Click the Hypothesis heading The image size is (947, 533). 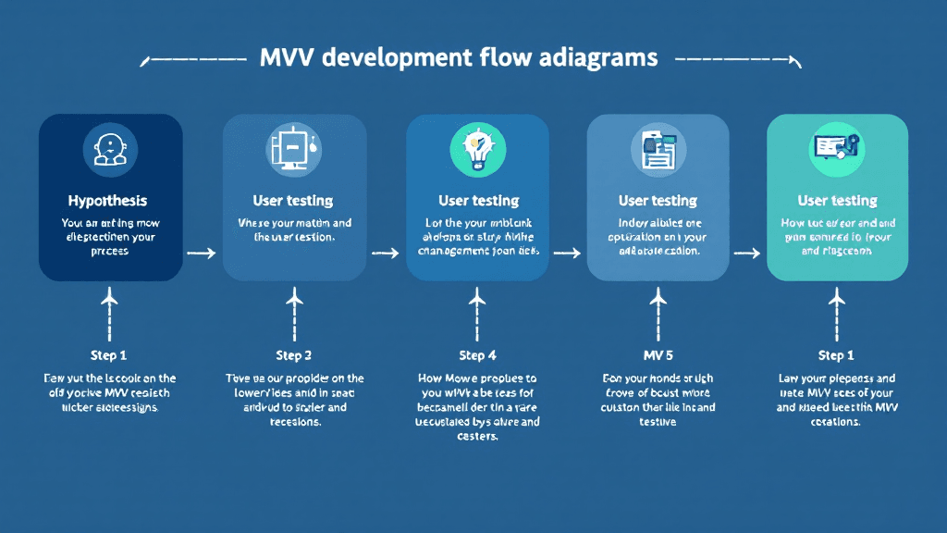[x=107, y=201]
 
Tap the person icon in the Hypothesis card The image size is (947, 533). [x=110, y=149]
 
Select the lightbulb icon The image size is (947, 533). [x=477, y=148]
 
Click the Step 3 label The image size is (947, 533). [x=294, y=355]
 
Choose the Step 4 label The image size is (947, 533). [x=477, y=355]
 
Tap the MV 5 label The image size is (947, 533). [x=658, y=355]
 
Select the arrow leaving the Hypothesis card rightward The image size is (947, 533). [x=201, y=253]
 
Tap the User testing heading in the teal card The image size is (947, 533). [x=837, y=201]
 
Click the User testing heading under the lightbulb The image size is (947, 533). [x=478, y=201]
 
